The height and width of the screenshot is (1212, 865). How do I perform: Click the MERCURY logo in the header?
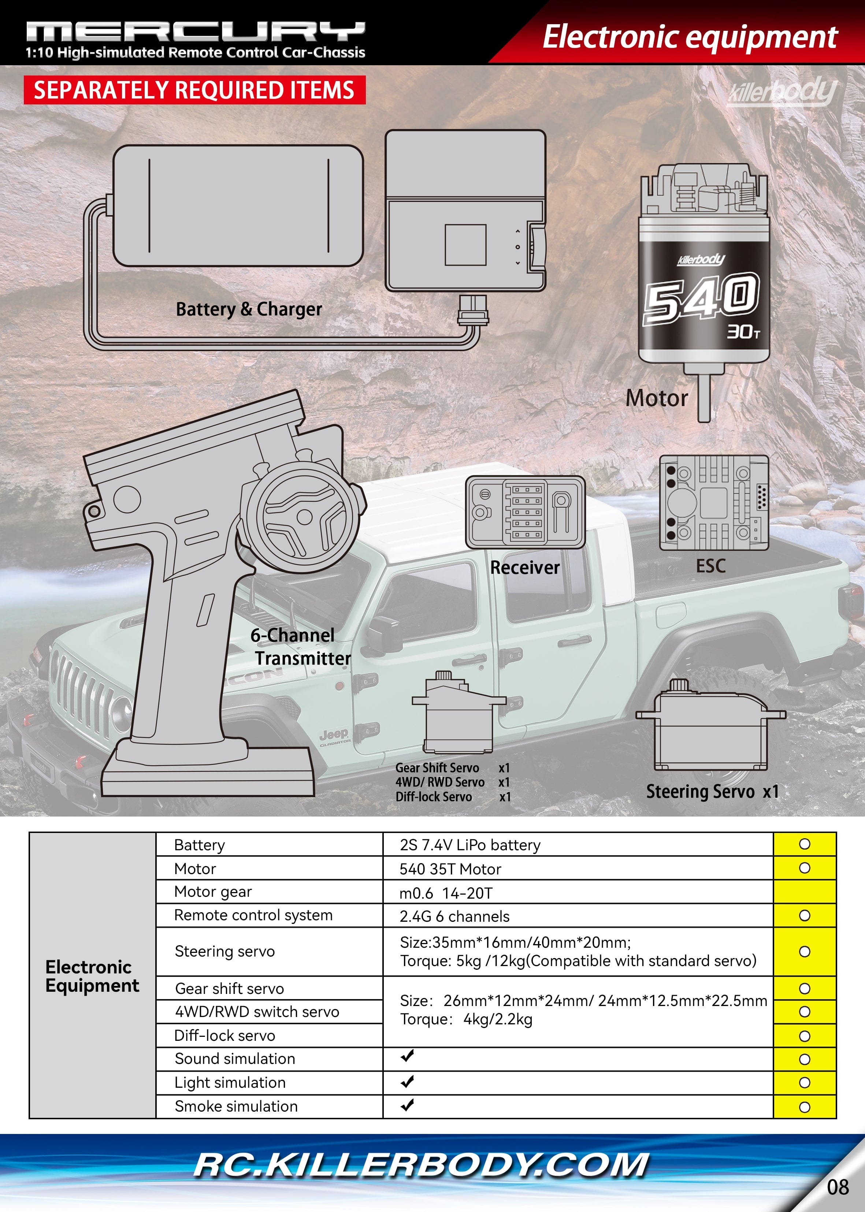coord(196,32)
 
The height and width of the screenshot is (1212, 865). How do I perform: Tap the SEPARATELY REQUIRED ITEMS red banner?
coord(194,90)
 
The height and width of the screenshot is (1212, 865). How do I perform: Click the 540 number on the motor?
coord(701,298)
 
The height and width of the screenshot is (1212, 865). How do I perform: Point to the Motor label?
coord(656,398)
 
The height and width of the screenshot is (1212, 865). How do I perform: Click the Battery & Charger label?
coord(249,309)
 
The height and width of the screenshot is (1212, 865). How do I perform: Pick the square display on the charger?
coord(465,245)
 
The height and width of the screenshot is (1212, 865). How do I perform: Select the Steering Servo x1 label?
coord(712,792)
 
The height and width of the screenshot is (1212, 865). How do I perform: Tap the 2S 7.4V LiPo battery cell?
coord(470,845)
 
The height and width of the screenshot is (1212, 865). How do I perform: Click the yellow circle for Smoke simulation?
coord(804,1107)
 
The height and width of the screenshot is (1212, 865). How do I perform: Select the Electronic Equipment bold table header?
coord(92,976)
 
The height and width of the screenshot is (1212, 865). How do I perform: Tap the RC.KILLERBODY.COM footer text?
coord(421,1165)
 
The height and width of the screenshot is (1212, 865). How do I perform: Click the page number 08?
coord(837,1187)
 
